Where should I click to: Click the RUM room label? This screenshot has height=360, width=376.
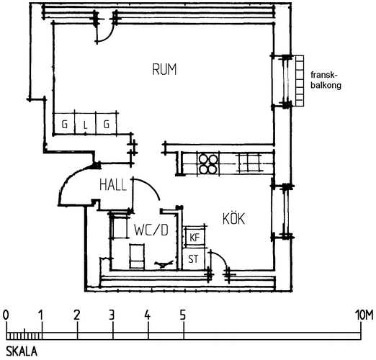(x=164, y=69)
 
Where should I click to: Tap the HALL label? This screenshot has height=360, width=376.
(x=113, y=185)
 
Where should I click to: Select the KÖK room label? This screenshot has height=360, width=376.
(x=233, y=218)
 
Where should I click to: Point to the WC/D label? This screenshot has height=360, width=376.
(x=151, y=230)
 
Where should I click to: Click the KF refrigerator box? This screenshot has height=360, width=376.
(x=194, y=238)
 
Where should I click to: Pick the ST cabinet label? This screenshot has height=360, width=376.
(x=193, y=259)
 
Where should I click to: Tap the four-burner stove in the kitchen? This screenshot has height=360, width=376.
(x=208, y=163)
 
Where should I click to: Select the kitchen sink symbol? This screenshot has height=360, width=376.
(x=249, y=163)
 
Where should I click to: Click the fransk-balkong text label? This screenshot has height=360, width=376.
(x=326, y=80)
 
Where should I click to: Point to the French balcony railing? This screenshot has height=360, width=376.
(x=300, y=81)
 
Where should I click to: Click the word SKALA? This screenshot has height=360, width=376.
(x=22, y=351)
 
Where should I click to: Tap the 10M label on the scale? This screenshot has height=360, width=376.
(x=364, y=315)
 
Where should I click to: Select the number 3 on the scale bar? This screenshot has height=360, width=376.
(x=112, y=315)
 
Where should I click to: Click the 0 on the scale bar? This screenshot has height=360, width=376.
(x=6, y=315)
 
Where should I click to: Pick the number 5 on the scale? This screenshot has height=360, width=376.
(x=183, y=315)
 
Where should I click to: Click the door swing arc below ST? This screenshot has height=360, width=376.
(x=221, y=257)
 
